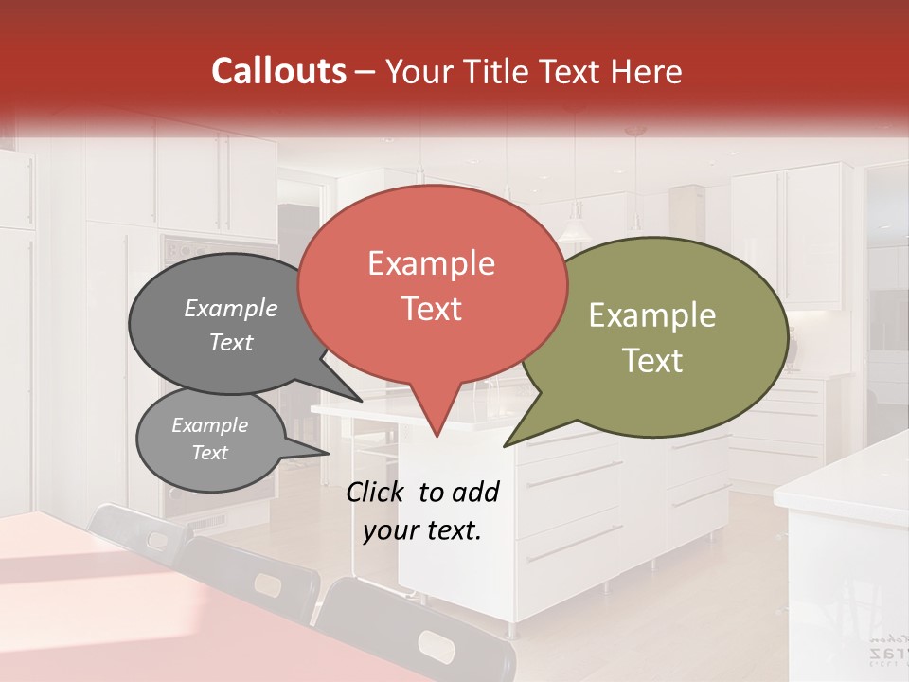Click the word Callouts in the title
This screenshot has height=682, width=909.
coord(278,71)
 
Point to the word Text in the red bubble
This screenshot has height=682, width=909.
coord(431,308)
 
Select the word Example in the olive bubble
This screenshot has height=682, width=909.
coord(652,315)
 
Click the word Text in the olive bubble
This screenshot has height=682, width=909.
coord(652,361)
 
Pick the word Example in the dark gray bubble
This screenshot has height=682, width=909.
coord(231,308)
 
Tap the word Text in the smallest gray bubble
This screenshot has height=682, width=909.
coord(210,453)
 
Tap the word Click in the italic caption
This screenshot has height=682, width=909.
coord(377,492)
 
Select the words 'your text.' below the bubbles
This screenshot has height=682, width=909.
coord(422,530)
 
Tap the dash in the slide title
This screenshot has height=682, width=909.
coord(365,72)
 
